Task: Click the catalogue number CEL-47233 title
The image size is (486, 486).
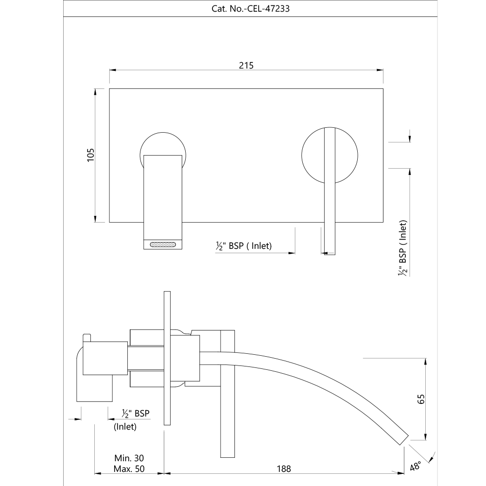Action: pos(250,8)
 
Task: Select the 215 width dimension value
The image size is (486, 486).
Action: pos(246,66)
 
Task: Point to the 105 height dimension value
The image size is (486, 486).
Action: pos(90,155)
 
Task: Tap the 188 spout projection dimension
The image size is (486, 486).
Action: pos(284,469)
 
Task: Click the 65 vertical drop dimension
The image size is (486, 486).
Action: pos(421,399)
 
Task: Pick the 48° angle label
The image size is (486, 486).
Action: pos(416,466)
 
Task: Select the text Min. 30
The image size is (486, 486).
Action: pos(129,458)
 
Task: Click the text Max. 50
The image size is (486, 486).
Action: pos(129,469)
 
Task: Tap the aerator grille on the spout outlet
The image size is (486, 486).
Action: pos(163,244)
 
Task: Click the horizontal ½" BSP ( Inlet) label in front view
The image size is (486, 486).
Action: pos(243,246)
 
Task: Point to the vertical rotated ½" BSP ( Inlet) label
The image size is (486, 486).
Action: pos(402,248)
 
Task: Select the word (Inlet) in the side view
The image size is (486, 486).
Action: pos(125,427)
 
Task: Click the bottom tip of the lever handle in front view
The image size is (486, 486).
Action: pos(330,254)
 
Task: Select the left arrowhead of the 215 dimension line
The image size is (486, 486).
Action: pos(113,70)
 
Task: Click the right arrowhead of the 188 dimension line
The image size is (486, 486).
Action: pos(401,473)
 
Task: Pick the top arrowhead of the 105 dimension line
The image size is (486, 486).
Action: pos(95,92)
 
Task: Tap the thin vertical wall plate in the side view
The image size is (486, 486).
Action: pos(167,358)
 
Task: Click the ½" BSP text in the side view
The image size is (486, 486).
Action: pos(136,414)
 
